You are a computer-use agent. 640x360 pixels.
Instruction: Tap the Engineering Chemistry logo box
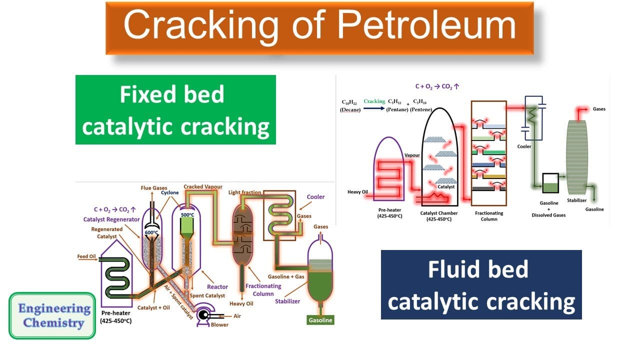52,315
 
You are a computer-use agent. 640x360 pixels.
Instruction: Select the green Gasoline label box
320,319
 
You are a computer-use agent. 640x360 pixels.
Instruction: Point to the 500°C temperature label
187,214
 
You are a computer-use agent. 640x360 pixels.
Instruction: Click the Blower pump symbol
204,315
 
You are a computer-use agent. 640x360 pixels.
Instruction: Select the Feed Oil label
86,256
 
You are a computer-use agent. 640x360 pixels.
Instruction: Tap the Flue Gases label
153,188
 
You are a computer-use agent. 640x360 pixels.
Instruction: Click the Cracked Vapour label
200,186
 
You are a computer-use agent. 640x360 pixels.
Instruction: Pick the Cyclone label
170,192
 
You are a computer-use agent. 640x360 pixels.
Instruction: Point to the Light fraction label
245,192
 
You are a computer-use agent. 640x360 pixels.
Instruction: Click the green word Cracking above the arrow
374,101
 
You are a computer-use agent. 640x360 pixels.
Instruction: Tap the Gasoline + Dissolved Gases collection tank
550,183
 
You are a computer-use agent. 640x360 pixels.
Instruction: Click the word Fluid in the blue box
454,270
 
